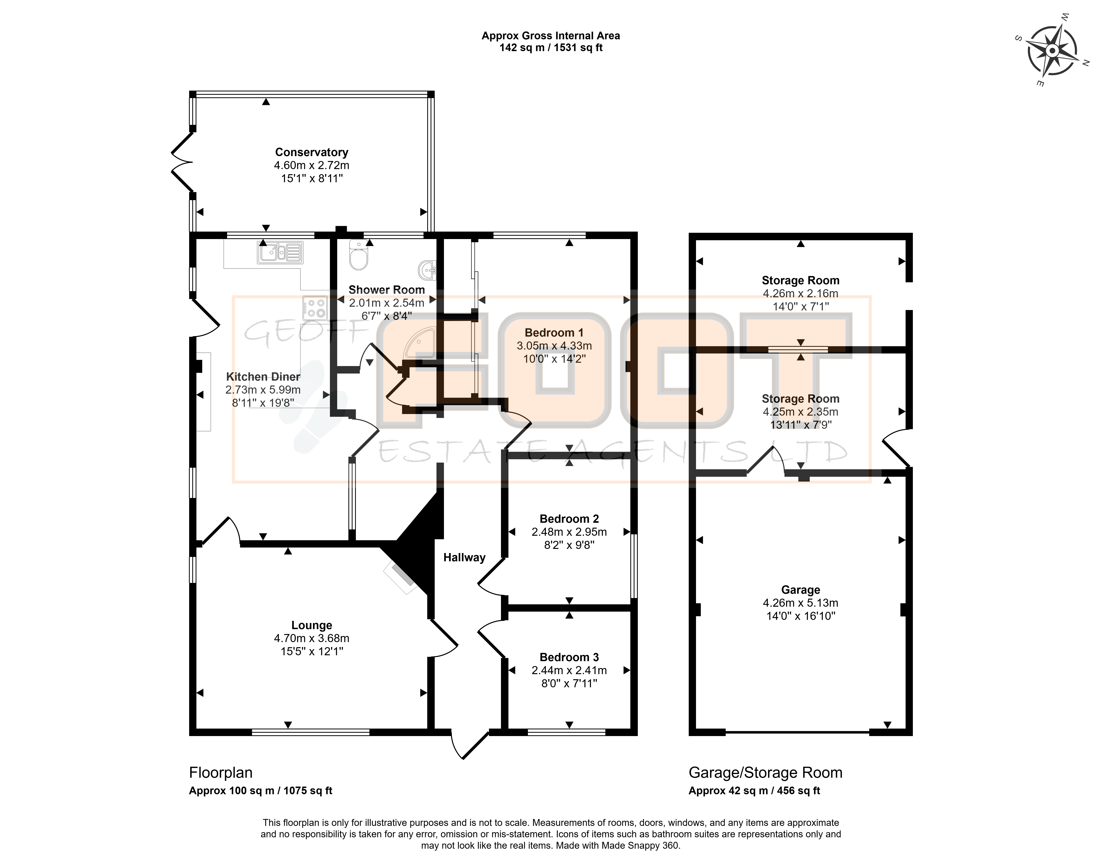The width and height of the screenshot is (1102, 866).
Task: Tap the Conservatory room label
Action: click(311, 152)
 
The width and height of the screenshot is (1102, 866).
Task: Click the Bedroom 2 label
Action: click(569, 519)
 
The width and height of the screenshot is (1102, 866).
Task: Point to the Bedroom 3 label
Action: click(569, 657)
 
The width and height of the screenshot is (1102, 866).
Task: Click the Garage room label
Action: click(800, 590)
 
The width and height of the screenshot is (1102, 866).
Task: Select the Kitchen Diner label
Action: click(263, 377)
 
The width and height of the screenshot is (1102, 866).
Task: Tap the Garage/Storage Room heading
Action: click(765, 773)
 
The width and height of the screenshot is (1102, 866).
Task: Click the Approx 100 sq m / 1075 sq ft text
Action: click(261, 791)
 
